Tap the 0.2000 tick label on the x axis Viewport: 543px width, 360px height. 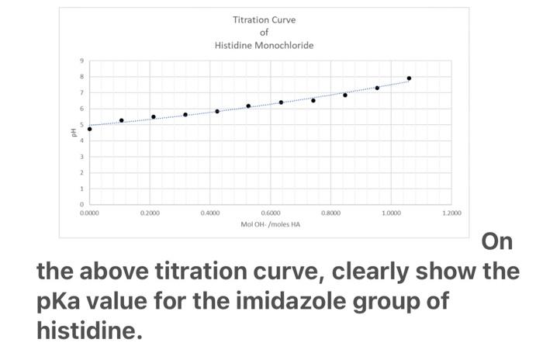click(x=150, y=212)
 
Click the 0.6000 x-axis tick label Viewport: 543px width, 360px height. click(x=271, y=212)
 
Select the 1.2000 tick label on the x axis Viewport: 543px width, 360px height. click(x=451, y=212)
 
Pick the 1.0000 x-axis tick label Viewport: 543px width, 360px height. click(x=391, y=212)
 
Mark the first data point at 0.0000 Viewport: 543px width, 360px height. click(x=90, y=129)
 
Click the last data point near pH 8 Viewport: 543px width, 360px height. click(x=409, y=78)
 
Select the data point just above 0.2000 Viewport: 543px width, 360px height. click(x=154, y=117)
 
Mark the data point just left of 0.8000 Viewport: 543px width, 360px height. click(x=313, y=100)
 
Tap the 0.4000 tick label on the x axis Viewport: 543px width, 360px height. click(x=210, y=212)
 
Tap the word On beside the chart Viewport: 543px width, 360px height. click(x=497, y=242)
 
